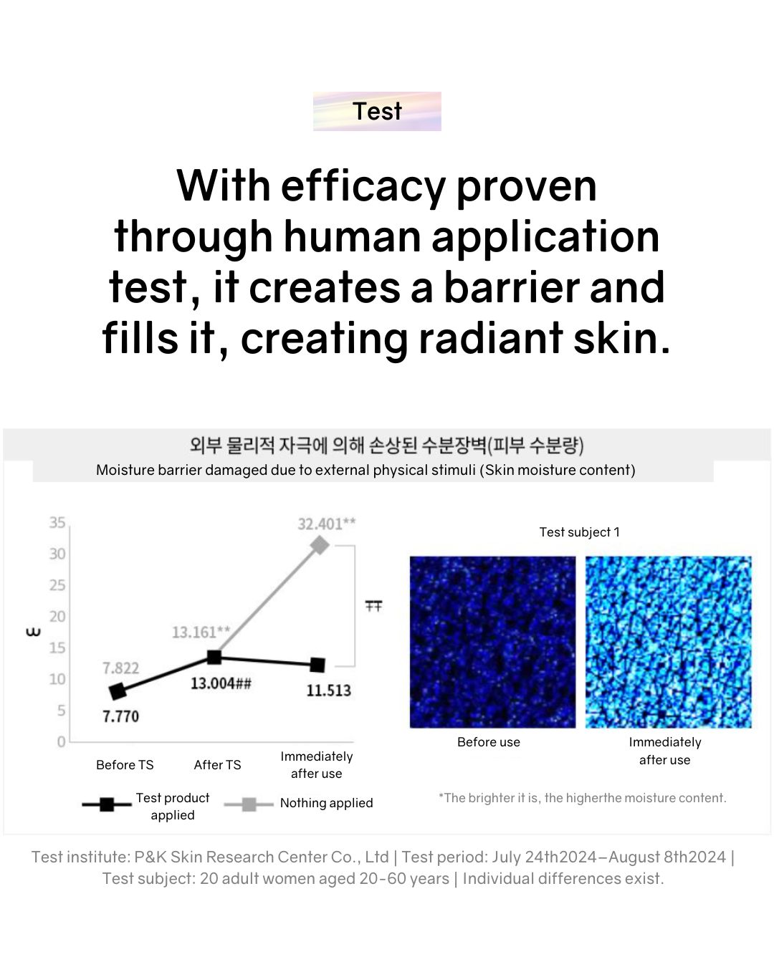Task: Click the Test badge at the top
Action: click(377, 111)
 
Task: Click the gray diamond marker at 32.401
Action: click(320, 545)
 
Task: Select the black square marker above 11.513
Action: click(317, 665)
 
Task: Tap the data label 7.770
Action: click(120, 716)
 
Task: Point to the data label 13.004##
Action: click(221, 683)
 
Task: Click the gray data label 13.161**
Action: click(201, 632)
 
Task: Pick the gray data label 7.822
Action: click(120, 668)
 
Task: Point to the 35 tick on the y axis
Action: click(57, 523)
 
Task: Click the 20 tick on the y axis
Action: click(57, 617)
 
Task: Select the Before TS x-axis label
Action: click(125, 765)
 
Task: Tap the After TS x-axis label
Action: click(217, 765)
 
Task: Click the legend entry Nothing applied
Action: click(326, 803)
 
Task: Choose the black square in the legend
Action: click(107, 804)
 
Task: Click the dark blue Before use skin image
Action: click(492, 642)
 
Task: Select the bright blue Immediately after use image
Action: click(668, 642)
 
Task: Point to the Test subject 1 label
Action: click(579, 532)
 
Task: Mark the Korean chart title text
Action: click(387, 446)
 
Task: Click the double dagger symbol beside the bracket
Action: click(373, 607)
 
